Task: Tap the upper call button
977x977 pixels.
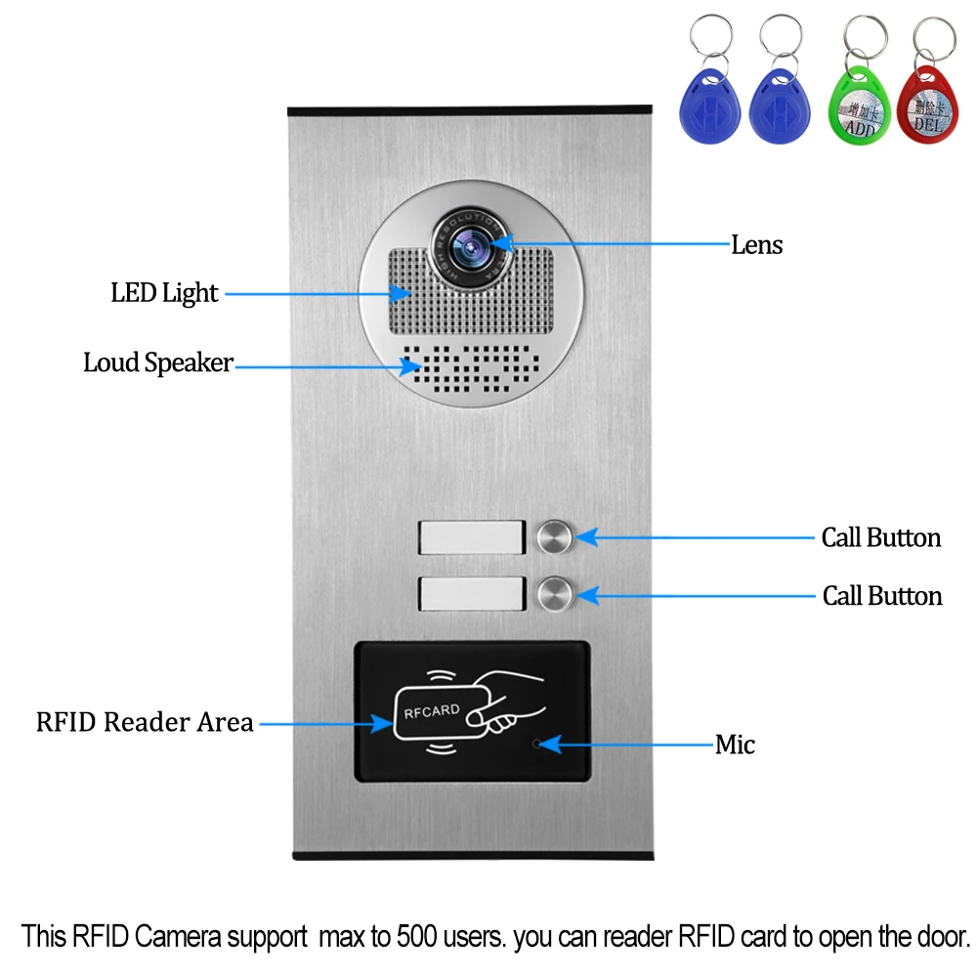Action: (x=554, y=536)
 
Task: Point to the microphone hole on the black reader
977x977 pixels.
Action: (x=536, y=744)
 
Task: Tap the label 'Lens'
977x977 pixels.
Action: (x=757, y=244)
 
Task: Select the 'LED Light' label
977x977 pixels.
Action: (x=164, y=292)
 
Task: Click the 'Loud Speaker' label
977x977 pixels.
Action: (x=158, y=363)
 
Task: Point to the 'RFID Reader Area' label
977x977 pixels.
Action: (x=145, y=723)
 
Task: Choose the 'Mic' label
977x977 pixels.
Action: (x=735, y=745)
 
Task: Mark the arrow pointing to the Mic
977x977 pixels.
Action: (x=625, y=744)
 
